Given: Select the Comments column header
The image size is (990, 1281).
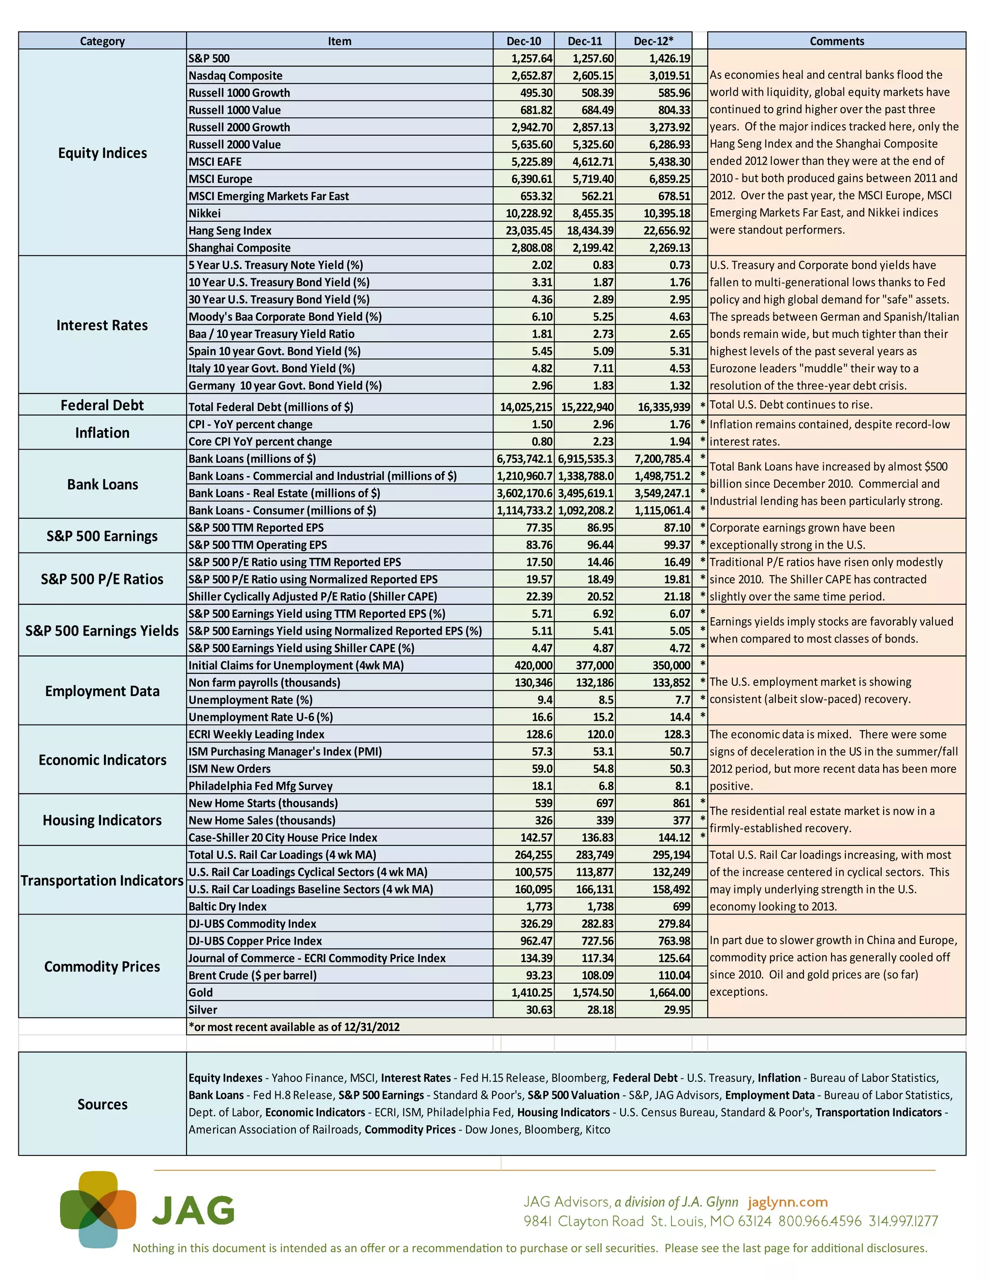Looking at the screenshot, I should click(836, 41).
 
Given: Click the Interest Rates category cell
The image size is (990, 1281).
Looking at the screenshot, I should click(102, 325).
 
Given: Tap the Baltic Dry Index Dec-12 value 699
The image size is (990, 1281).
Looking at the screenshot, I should click(681, 907).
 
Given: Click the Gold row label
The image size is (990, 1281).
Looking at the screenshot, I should click(201, 992).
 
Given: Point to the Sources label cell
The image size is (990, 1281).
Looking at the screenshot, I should click(102, 1105).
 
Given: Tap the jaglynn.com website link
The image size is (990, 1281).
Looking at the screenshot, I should click(787, 1202).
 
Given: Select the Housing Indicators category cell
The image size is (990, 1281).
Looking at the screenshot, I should click(102, 820).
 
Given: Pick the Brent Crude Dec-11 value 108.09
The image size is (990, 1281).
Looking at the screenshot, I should click(597, 975).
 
